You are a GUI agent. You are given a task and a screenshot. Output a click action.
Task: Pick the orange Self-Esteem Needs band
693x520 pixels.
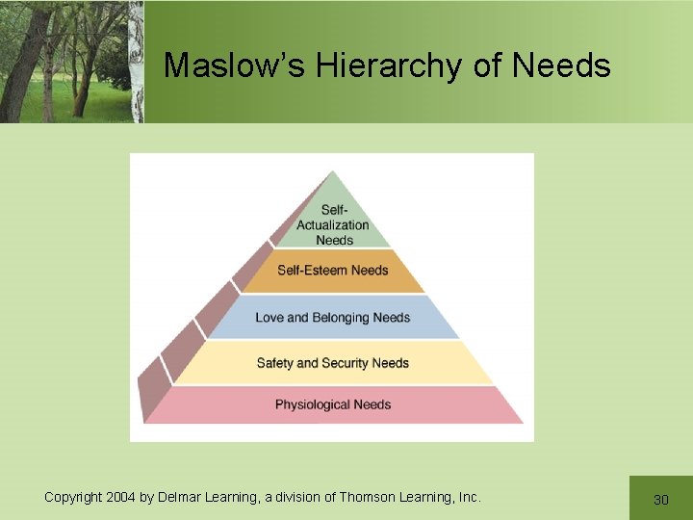click(332, 271)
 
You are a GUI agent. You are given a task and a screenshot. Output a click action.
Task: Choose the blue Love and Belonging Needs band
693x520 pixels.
click(332, 318)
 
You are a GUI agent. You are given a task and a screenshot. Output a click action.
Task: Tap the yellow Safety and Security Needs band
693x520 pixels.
click(332, 363)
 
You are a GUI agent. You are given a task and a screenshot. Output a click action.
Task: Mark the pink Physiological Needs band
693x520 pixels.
click(332, 404)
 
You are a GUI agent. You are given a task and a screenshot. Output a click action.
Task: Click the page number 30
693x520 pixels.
click(660, 499)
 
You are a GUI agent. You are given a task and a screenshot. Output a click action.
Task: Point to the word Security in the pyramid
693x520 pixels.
click(344, 363)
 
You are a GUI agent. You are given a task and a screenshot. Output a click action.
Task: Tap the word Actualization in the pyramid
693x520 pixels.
click(333, 225)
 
